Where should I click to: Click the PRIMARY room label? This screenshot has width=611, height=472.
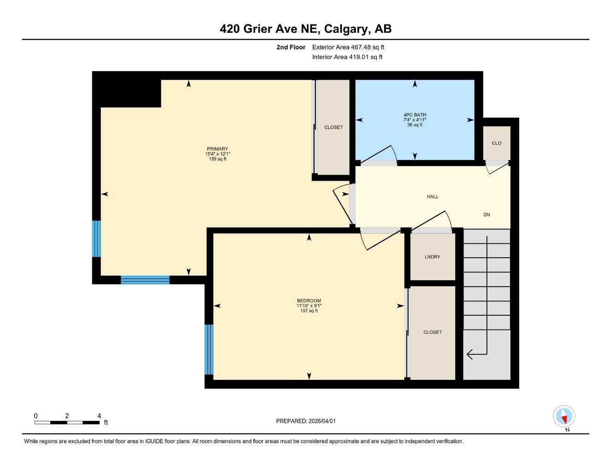click(217, 149)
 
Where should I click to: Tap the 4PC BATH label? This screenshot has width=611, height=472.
click(415, 115)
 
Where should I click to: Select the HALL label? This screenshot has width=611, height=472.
click(432, 197)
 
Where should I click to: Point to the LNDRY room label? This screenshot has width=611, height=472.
click(432, 257)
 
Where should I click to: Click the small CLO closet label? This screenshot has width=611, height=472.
click(497, 143)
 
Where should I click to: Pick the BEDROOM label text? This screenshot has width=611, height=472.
click(308, 301)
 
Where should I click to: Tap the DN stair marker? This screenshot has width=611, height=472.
click(486, 215)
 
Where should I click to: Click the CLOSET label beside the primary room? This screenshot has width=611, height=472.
click(333, 127)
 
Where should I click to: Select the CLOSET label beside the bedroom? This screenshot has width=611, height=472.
click(433, 332)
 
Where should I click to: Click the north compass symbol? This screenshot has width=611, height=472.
click(564, 417)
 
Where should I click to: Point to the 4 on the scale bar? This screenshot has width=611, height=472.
click(99, 416)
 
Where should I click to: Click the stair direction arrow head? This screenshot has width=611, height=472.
click(470, 354)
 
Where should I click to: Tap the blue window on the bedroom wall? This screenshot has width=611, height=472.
click(209, 349)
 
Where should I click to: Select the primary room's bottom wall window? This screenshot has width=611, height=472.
click(145, 280)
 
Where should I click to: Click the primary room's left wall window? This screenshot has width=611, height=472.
click(96, 238)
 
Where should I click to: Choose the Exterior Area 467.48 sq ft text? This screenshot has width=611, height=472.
click(348, 47)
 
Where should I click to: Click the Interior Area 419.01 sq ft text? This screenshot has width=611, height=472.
click(347, 57)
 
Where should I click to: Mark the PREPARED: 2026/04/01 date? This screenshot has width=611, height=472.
click(306, 421)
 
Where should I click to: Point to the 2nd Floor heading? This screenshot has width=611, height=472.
click(291, 47)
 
